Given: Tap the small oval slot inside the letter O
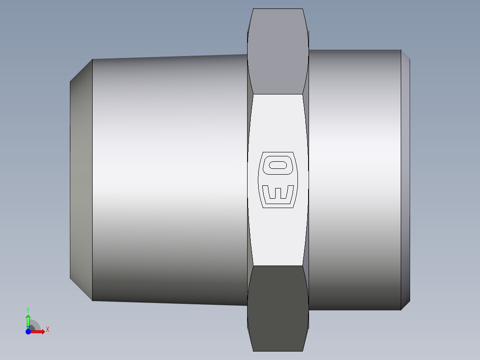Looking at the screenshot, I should point(278,165).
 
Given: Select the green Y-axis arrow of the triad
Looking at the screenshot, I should point(28,320).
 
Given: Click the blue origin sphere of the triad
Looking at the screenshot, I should point(28,331).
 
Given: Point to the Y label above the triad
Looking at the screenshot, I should point(28,309).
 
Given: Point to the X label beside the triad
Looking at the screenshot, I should point(47,330).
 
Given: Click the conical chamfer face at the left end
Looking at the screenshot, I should point(81,180).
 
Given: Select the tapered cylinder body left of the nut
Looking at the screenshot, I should point(169,180).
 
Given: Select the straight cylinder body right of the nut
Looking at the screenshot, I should point(354,180).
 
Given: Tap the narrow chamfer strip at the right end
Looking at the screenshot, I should point(405,180).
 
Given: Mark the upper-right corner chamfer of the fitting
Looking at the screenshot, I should point(405,54).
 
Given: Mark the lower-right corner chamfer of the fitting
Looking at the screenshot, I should point(405,306).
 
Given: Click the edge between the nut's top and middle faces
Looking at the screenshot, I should point(278,94).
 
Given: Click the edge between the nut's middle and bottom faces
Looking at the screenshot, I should point(278,266).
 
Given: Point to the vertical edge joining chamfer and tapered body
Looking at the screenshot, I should point(92,180).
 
